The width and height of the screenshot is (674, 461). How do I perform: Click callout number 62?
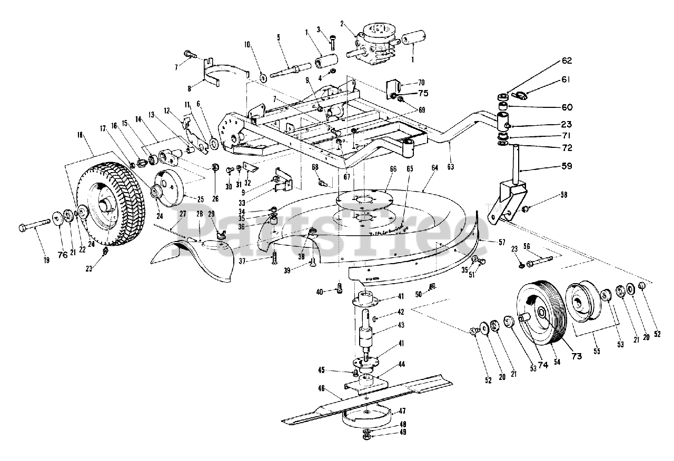pyautogui.click(x=566, y=61)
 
